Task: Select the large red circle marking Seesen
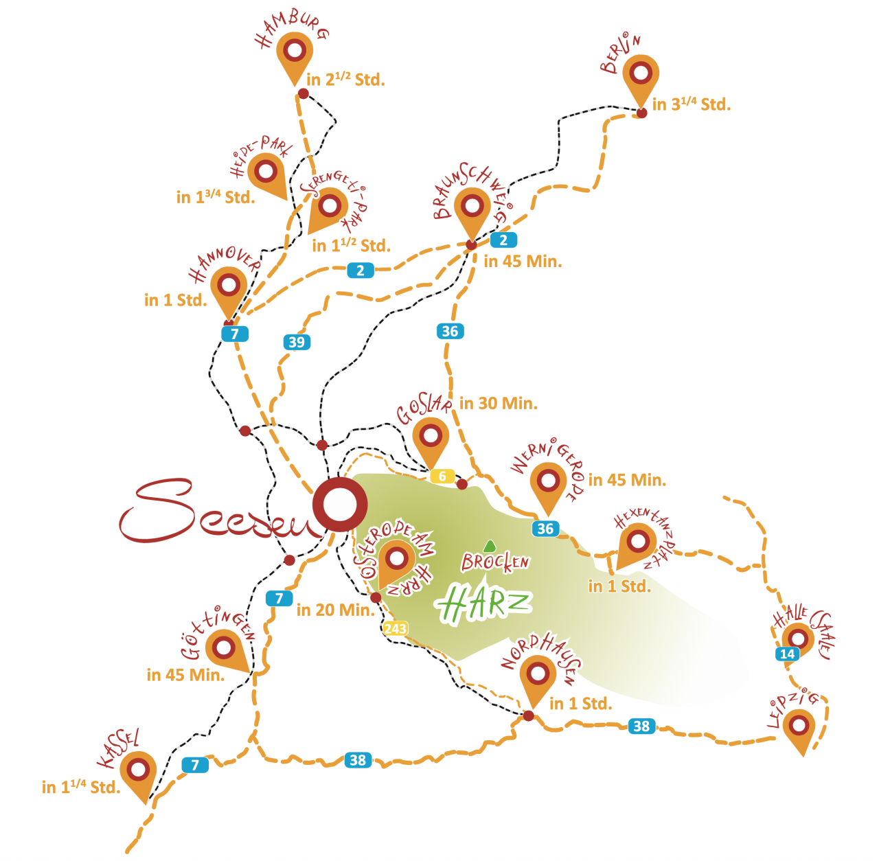[339, 505]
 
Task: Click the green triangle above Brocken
[489, 547]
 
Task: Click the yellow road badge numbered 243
[396, 628]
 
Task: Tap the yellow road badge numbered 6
[442, 476]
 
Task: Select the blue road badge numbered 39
[297, 342]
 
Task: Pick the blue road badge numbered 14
[788, 654]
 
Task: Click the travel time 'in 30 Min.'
[498, 404]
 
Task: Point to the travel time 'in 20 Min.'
[335, 610]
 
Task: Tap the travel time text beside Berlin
[691, 104]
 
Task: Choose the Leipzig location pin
[799, 726]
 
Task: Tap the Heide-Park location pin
[266, 172]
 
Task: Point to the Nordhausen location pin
[537, 676]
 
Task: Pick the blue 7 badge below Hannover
[235, 334]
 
